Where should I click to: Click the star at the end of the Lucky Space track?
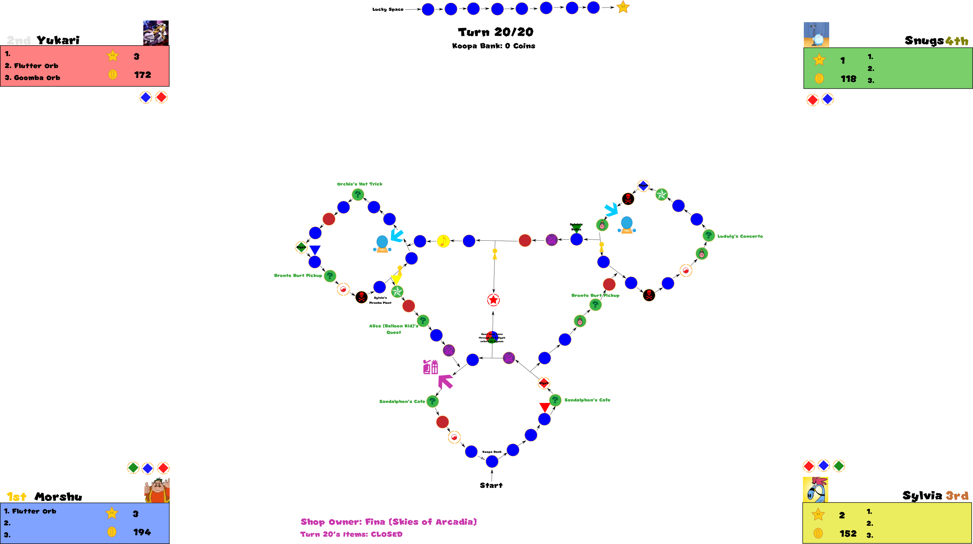pyautogui.click(x=623, y=7)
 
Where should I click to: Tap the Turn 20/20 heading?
pyautogui.click(x=495, y=32)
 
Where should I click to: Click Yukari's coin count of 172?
pyautogui.click(x=143, y=75)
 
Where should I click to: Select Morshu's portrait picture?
pyautogui.click(x=157, y=490)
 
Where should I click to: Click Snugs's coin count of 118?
pyautogui.click(x=848, y=79)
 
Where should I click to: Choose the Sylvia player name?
pyautogui.click(x=922, y=495)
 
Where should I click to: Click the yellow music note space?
pyautogui.click(x=443, y=241)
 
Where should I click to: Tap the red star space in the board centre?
pyautogui.click(x=493, y=300)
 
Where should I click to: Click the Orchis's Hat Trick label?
pyautogui.click(x=360, y=184)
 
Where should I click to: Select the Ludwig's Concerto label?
pyautogui.click(x=740, y=236)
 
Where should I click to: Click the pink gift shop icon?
pyautogui.click(x=431, y=367)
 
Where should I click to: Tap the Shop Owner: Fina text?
pyautogui.click(x=388, y=522)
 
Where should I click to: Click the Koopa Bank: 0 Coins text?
pyautogui.click(x=493, y=46)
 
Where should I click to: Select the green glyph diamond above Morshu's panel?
pyautogui.click(x=133, y=468)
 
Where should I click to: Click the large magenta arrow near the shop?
pyautogui.click(x=445, y=381)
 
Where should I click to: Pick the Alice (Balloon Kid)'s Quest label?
pyautogui.click(x=393, y=329)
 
